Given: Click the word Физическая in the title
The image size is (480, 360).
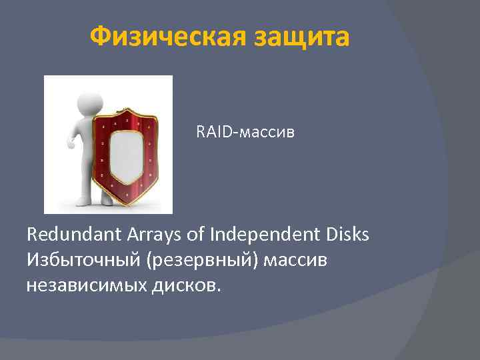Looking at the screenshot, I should pos(167,37).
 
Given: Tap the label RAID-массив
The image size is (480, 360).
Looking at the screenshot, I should pos(245,133).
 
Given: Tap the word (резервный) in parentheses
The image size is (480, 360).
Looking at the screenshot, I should pos(198,261).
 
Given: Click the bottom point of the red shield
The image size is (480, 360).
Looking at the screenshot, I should pos(125,203).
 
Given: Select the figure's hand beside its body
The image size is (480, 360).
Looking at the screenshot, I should pos(71,141).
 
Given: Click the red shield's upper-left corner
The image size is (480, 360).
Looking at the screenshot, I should pos(98,122).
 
